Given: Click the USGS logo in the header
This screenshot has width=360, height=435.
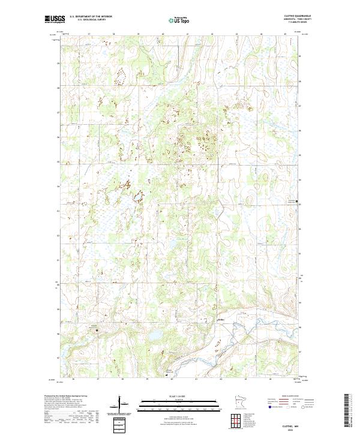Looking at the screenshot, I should (53, 19).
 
